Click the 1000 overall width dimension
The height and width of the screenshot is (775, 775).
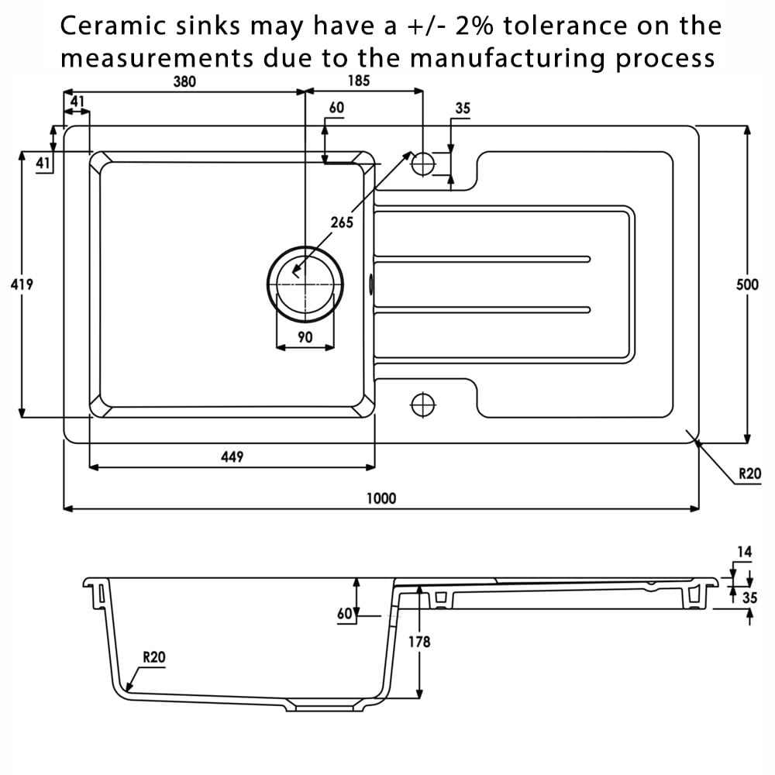point(381,498)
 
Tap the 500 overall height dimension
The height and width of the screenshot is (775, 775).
point(747,284)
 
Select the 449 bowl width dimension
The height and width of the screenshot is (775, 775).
point(232,456)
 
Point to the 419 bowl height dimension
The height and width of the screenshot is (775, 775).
point(22,284)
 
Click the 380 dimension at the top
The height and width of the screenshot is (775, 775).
point(184,81)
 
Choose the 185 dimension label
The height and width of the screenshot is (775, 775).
point(358,81)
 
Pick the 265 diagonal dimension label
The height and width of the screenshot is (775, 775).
point(342,222)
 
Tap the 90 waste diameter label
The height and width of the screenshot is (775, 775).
point(305,337)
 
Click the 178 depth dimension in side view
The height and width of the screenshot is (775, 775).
point(419,642)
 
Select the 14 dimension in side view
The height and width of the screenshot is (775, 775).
point(744,552)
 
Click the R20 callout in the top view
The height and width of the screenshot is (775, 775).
point(749,474)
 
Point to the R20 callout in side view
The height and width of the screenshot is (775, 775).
point(153,657)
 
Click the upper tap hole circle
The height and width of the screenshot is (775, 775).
point(423,164)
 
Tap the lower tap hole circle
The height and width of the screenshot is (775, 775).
point(423,405)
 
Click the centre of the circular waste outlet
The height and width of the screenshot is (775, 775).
point(305,284)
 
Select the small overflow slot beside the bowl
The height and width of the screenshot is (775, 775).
point(371,284)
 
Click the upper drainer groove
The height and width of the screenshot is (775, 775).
point(482,259)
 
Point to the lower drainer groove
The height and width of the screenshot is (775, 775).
point(482,310)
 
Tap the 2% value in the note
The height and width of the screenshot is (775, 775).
point(474,26)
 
